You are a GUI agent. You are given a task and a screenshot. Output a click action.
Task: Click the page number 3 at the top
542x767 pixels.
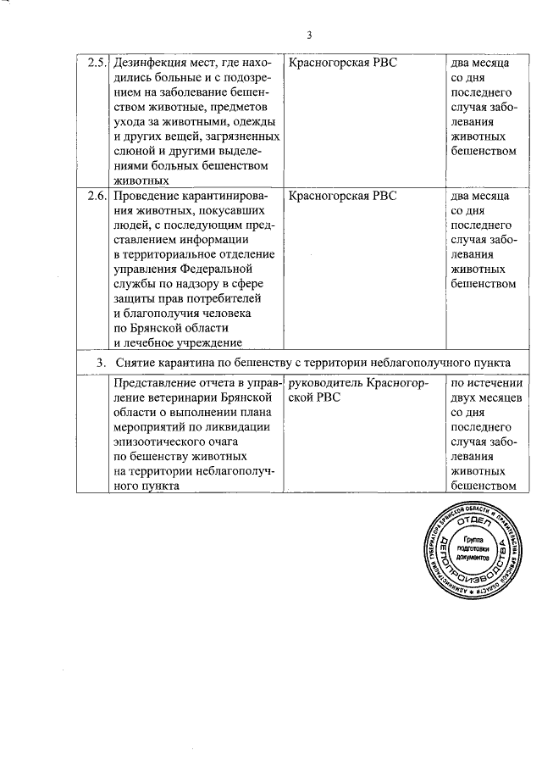click(310, 36)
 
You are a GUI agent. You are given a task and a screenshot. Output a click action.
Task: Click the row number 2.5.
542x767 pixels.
click(98, 64)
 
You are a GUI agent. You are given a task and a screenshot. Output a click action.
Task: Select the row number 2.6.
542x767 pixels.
click(98, 196)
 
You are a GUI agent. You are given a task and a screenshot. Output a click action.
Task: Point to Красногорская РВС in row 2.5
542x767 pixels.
click(342, 64)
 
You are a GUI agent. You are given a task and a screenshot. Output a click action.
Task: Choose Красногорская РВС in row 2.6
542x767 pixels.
click(342, 196)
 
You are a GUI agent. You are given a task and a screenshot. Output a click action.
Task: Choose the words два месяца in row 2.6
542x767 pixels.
click(480, 196)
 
